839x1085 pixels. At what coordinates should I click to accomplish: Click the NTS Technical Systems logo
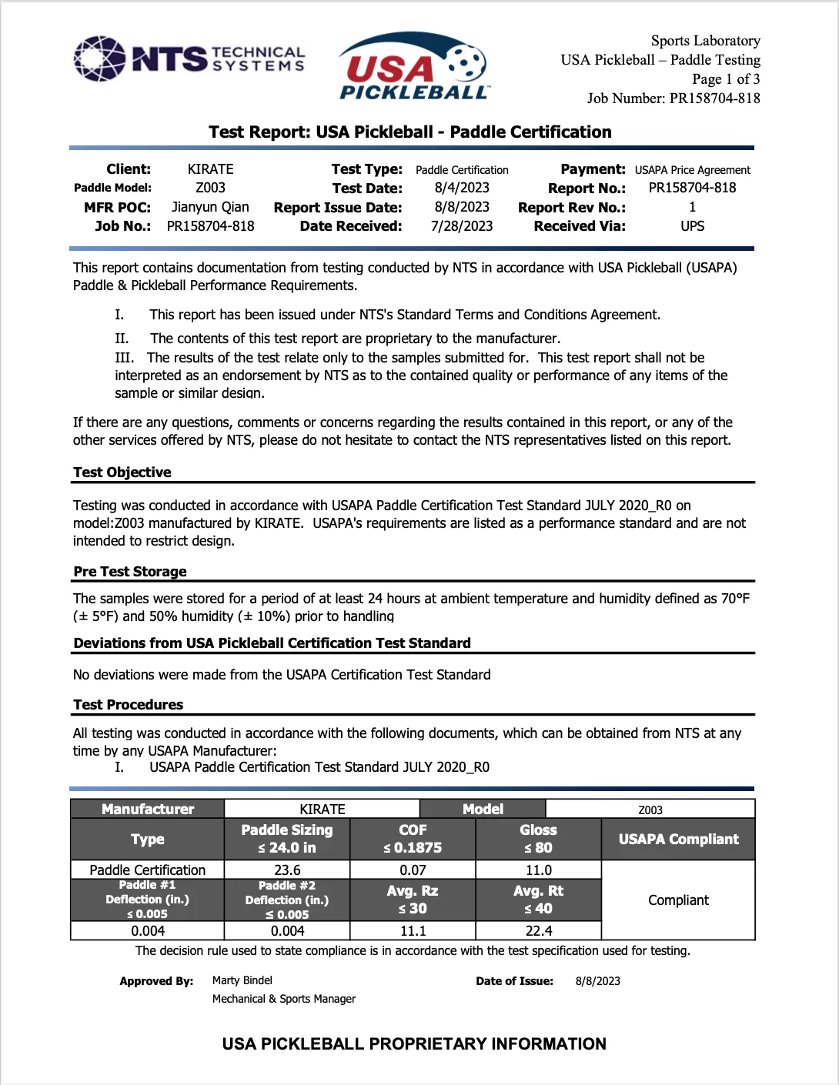pos(189,58)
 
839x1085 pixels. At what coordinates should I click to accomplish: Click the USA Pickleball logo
pos(413,67)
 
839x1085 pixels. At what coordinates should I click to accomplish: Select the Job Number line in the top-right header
pos(674,98)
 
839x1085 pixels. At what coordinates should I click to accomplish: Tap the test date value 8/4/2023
pos(462,188)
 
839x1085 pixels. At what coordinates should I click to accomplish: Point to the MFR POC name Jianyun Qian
pos(210,207)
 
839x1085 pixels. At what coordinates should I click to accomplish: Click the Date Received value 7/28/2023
pos(462,226)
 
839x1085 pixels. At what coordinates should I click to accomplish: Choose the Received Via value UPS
pos(692,226)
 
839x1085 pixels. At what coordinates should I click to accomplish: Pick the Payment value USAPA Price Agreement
pos(692,170)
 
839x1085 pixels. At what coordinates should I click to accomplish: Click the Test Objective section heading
pos(122,472)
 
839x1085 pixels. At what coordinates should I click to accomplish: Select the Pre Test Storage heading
pos(130,572)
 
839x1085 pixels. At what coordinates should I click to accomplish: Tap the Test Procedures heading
pos(129,705)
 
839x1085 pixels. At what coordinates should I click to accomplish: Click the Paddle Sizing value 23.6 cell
pos(287,870)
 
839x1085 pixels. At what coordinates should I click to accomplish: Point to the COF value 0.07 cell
pos(413,870)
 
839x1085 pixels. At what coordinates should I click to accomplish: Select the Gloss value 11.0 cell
pos(538,870)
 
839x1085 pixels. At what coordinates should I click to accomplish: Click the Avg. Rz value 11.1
pos(413,931)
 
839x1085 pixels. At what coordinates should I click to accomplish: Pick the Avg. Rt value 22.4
pos(538,931)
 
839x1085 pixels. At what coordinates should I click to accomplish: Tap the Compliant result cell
pos(678,900)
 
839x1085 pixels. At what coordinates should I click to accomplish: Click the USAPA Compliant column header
pos(678,840)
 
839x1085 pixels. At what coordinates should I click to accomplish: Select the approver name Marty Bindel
pos(242,980)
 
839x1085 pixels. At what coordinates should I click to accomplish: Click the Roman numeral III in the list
pos(124,358)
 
